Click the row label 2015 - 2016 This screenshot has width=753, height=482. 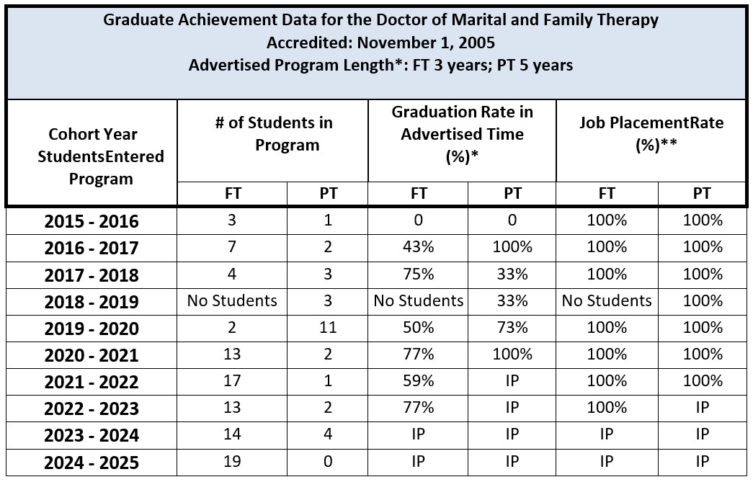pos(92,221)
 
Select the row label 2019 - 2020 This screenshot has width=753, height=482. pos(92,329)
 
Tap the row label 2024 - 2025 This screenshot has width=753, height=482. pos(92,462)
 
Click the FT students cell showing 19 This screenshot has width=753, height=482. pos(232,461)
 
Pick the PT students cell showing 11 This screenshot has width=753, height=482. pos(327,328)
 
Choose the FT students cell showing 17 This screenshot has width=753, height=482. pos(232,381)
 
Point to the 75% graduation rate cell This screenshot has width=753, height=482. pos(418,275)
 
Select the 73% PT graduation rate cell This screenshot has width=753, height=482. pos(512,328)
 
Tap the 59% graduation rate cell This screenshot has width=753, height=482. pos(418,381)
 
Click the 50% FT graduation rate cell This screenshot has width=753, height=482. pos(418,328)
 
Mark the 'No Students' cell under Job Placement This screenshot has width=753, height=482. pos(607,301)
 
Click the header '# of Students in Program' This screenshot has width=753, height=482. pos(273,133)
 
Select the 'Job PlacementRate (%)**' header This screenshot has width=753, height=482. pos(651,133)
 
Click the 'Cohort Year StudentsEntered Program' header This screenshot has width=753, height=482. pos(92,156)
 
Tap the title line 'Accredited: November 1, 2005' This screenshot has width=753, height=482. pos(380,43)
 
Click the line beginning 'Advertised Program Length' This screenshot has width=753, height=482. pos(380,66)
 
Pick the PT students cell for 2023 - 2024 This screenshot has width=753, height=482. pos(327,434)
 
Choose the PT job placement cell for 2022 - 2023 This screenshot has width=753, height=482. pos(702,408)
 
